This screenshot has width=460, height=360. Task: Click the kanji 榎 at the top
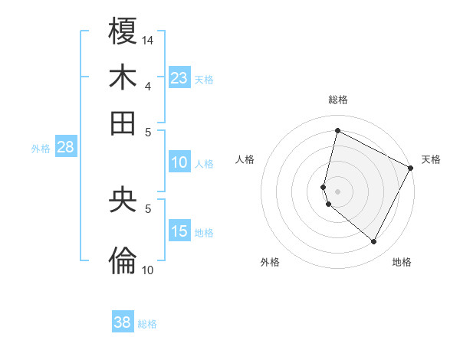click(123, 31)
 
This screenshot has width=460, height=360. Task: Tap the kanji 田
click(123, 123)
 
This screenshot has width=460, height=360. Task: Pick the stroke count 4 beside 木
click(148, 86)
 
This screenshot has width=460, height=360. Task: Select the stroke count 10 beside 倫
click(148, 270)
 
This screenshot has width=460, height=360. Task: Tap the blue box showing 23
click(179, 77)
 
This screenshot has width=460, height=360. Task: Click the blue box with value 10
click(179, 162)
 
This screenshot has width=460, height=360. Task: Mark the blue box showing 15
click(179, 231)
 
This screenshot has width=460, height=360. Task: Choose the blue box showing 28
click(65, 148)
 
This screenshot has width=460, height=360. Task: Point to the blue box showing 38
click(123, 322)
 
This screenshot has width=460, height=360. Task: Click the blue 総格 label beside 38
click(147, 324)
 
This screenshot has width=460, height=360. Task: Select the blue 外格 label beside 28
click(40, 149)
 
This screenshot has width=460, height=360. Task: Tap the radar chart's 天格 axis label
click(431, 159)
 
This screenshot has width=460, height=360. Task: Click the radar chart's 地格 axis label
click(402, 262)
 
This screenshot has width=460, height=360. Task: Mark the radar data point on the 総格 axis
click(337, 130)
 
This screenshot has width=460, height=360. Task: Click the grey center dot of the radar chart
click(337, 191)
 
